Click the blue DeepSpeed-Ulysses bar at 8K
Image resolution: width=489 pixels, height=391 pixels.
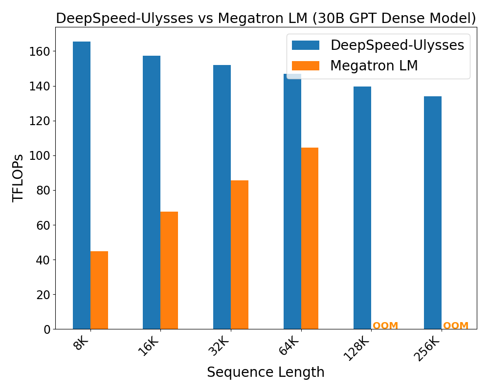(82, 186)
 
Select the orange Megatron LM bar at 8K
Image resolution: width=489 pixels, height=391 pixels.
(99, 290)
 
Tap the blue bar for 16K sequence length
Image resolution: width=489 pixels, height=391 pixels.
(152, 193)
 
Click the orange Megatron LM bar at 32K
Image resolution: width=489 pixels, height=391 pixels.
(240, 255)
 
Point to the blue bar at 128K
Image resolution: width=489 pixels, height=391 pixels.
(362, 208)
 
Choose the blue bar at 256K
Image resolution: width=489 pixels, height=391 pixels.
(433, 213)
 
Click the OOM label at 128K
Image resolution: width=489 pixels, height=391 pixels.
(385, 326)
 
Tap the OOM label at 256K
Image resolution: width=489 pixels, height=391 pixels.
(456, 326)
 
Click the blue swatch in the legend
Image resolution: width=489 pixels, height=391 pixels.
(306, 45)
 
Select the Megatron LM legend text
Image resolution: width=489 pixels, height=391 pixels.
(374, 65)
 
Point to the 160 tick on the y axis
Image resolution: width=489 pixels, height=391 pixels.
(44, 51)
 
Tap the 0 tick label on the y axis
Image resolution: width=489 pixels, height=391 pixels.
(47, 329)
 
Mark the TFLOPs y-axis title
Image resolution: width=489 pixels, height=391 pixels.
(18, 178)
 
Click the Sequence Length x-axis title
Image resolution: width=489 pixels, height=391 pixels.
(266, 372)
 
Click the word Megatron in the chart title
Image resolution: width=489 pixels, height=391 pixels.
(248, 19)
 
